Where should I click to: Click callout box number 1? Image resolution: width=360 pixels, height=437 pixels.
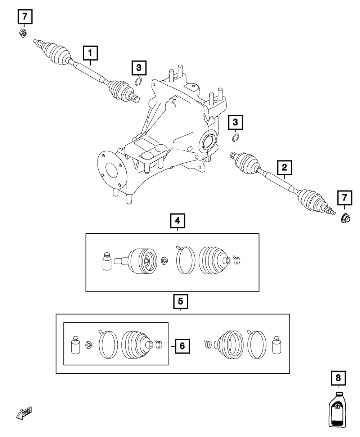(90, 53)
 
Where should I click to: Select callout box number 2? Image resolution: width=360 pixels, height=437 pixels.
(284, 167)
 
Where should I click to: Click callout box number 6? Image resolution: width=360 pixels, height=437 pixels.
(182, 346)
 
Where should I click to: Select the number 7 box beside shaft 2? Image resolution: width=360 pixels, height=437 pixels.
(344, 197)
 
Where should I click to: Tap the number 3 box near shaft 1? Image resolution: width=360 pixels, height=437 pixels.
(139, 67)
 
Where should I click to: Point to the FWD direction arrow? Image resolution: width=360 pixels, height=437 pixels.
(24, 414)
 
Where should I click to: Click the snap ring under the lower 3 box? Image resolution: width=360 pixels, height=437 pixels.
(236, 138)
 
